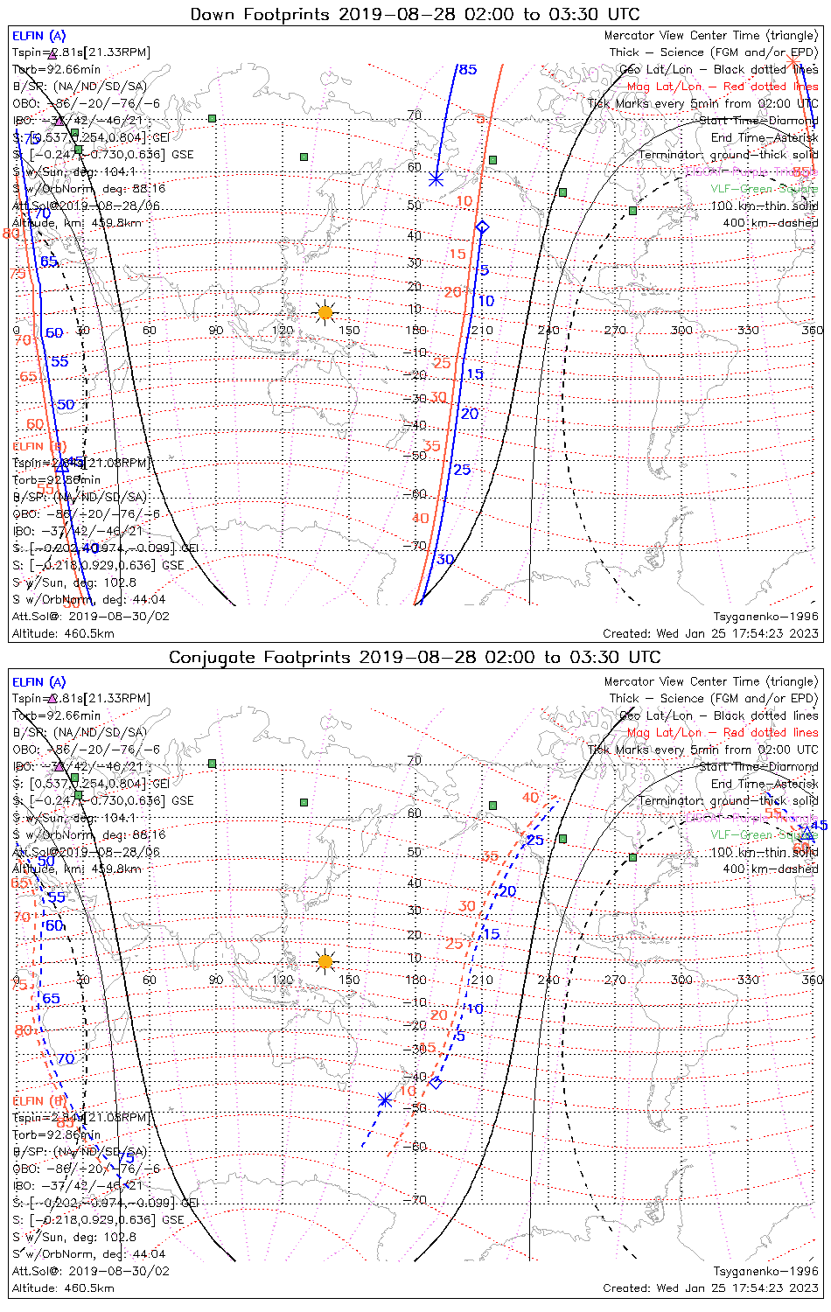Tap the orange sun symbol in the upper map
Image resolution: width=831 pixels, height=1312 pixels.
pos(325,312)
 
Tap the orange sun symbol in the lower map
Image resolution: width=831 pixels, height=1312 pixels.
pos(325,962)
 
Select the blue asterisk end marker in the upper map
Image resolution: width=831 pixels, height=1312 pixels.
pos(436,179)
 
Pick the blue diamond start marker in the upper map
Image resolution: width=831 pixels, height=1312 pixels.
pos(481,227)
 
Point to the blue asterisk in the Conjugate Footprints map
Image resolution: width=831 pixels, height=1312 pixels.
pos(384,1099)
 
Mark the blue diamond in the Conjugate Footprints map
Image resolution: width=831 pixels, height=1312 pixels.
pos(436,1083)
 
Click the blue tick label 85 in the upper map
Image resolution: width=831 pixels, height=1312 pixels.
pos(468,69)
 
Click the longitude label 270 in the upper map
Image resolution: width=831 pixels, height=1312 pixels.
pos(615,330)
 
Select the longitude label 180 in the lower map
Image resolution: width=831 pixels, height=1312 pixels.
pos(415,980)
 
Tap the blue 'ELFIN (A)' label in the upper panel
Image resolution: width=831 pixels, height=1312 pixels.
pos(38,36)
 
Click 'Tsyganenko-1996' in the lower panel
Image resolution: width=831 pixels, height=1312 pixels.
pos(765,1271)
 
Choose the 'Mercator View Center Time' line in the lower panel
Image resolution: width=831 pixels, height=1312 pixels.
pos(711,681)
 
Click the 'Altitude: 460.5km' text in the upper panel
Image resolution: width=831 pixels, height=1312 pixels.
pos(63,633)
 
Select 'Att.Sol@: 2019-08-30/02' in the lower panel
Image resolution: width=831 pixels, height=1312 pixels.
pos(91,1271)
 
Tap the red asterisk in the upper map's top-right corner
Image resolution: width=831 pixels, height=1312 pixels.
pos(793,60)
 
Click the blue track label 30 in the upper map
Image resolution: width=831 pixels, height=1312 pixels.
pos(445,560)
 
